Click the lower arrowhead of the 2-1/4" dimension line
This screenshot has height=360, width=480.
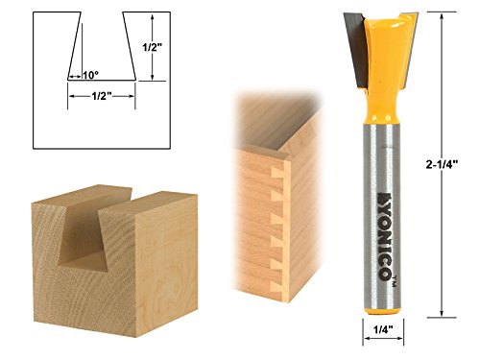[442, 314]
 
